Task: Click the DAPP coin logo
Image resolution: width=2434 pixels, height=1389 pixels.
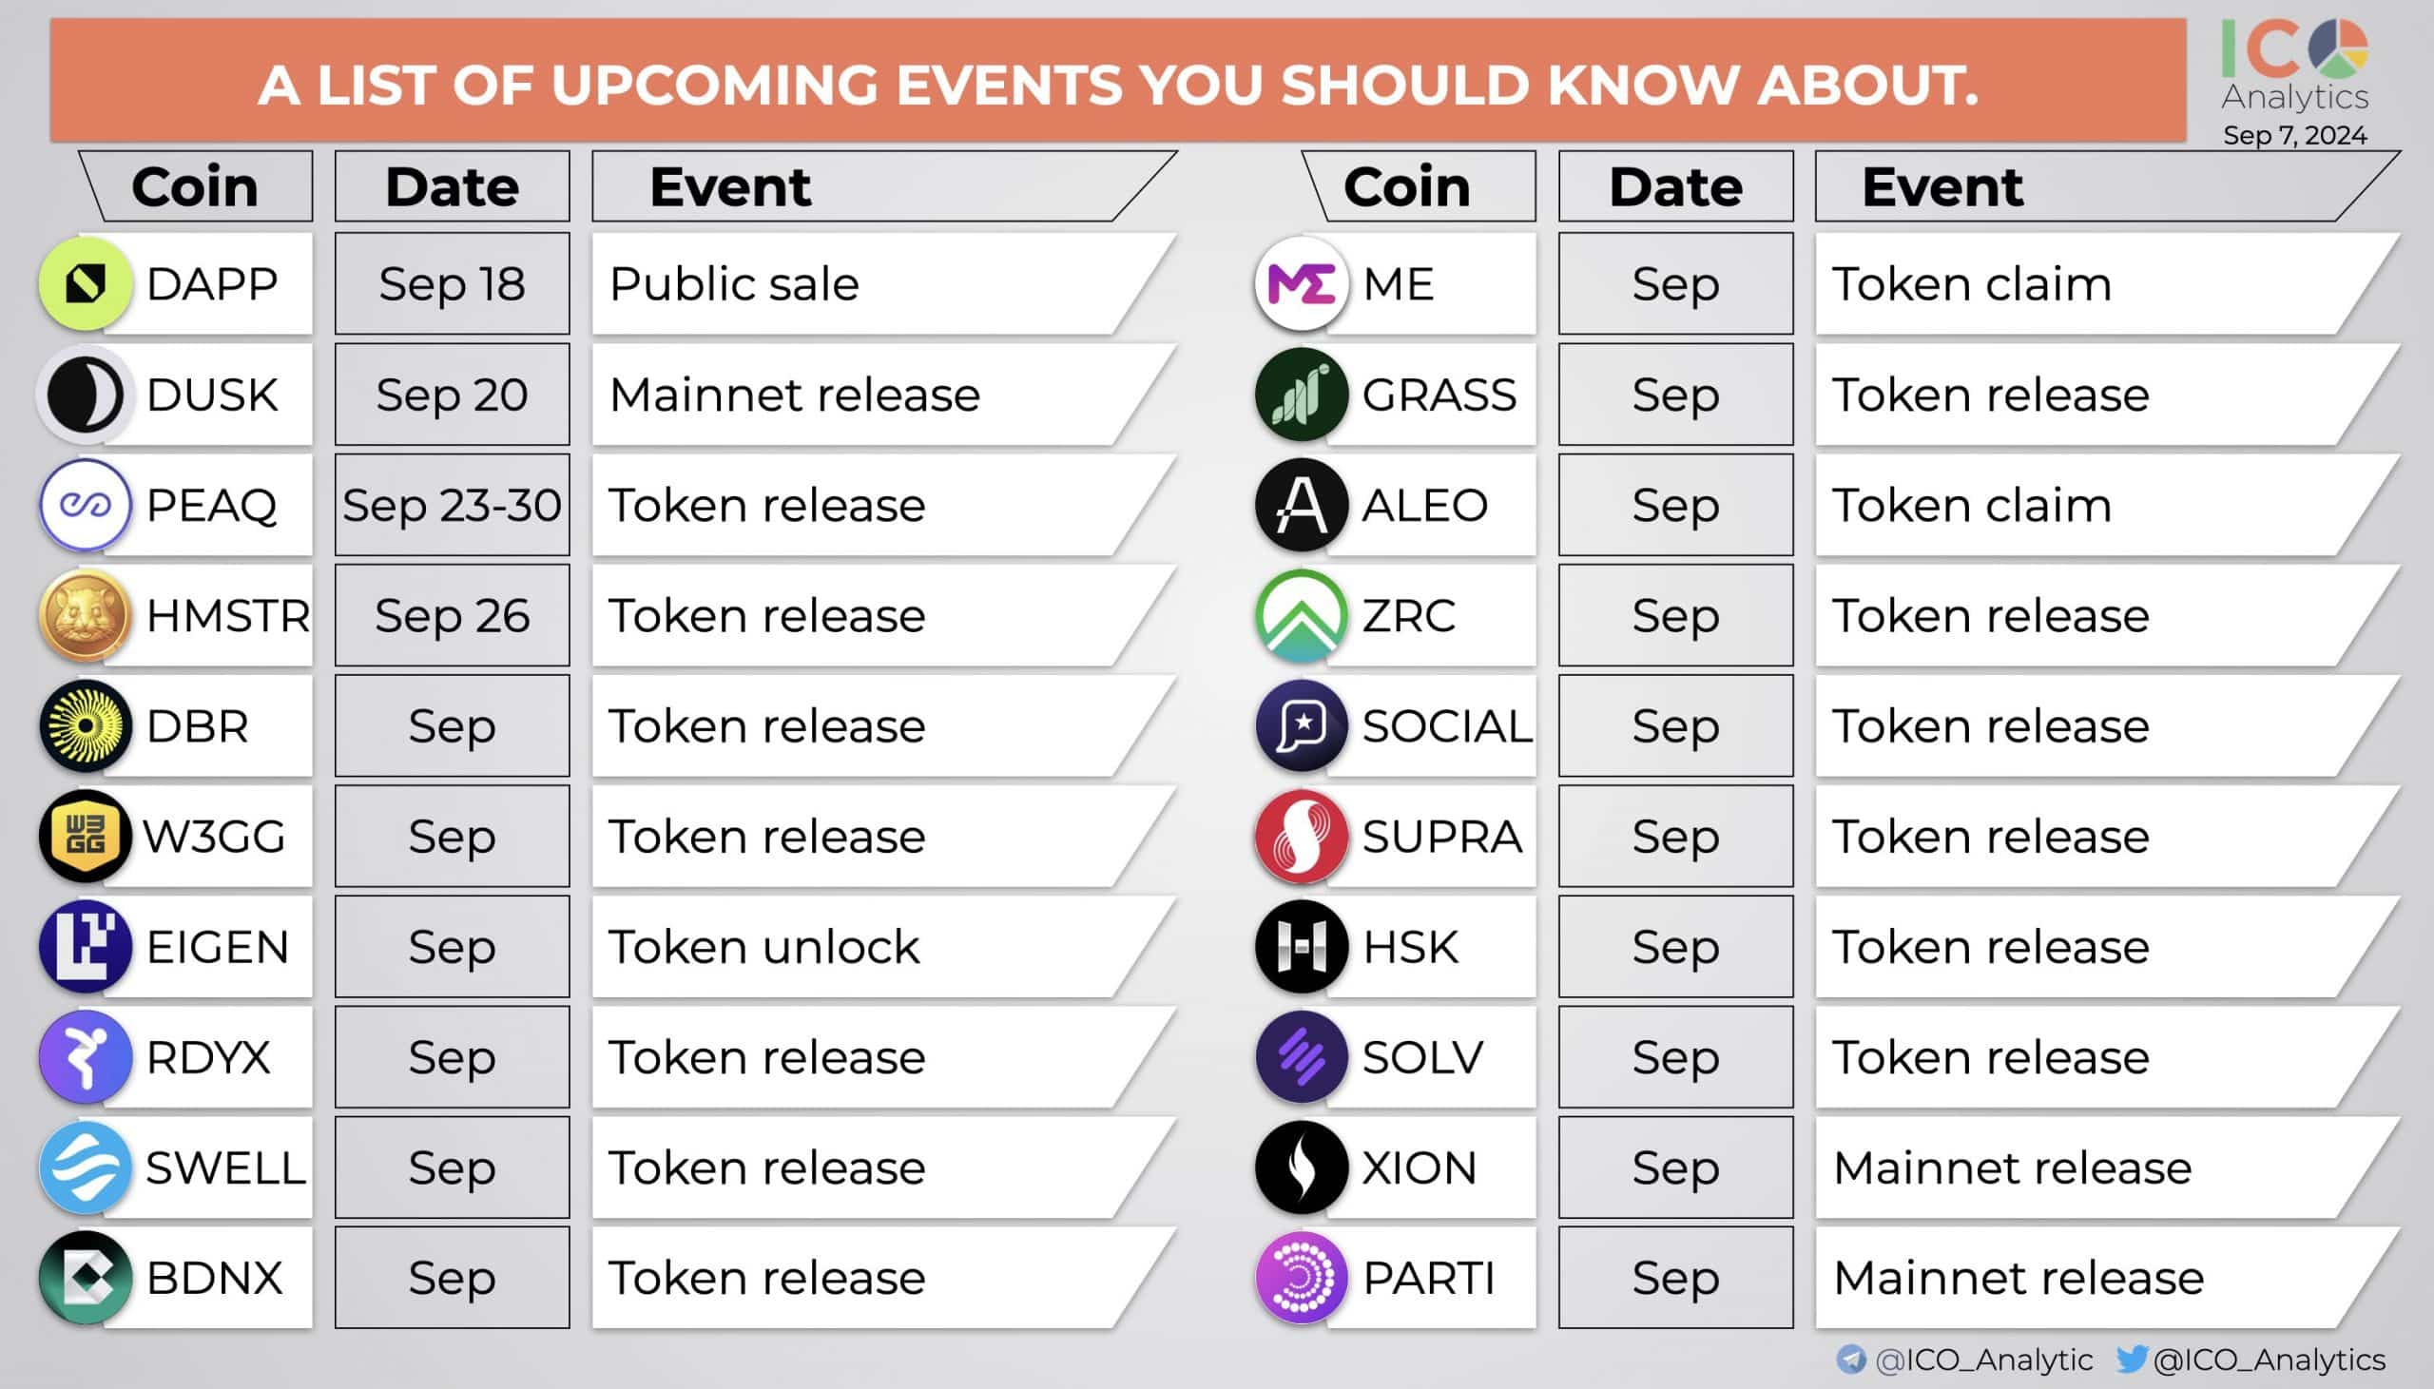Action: pyautogui.click(x=85, y=283)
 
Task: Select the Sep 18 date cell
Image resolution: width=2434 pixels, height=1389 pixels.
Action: pyautogui.click(x=452, y=283)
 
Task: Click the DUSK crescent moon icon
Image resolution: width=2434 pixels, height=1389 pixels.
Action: pyautogui.click(x=85, y=394)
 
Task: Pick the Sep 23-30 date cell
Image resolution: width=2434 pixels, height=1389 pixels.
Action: pyautogui.click(x=452, y=505)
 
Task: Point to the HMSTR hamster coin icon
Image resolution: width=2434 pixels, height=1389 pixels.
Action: pyautogui.click(x=85, y=615)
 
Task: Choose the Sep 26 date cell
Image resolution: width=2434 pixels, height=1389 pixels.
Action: pyautogui.click(x=452, y=615)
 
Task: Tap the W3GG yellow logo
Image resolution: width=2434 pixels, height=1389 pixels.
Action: pyautogui.click(x=85, y=837)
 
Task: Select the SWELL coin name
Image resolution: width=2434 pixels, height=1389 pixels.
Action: pyautogui.click(x=225, y=1167)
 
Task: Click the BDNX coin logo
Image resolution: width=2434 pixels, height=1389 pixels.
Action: pyautogui.click(x=85, y=1279)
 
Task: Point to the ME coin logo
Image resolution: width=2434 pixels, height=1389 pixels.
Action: pyautogui.click(x=1301, y=283)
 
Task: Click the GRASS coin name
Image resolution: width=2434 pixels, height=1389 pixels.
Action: pyautogui.click(x=1439, y=394)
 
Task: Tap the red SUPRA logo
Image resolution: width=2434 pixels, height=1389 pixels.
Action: pyautogui.click(x=1301, y=837)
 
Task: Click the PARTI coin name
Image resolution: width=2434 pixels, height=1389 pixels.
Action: pyautogui.click(x=1428, y=1279)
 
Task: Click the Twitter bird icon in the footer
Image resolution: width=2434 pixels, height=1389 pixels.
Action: pyautogui.click(x=2131, y=1359)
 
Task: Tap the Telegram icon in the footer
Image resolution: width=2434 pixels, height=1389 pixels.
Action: pyautogui.click(x=1850, y=1359)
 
